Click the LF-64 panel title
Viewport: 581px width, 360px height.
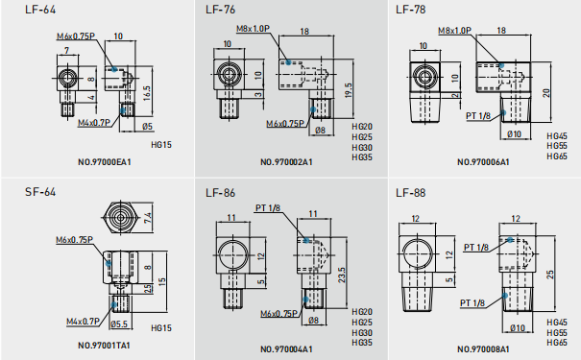[40, 10]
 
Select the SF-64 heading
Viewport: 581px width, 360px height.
[40, 192]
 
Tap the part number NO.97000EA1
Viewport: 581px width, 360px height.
[105, 162]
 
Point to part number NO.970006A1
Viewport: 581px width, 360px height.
[483, 162]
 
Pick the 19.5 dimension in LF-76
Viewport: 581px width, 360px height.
[348, 89]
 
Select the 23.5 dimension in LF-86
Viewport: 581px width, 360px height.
[341, 275]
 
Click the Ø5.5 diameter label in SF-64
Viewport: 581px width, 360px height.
[119, 324]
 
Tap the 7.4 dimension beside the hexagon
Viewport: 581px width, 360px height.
[148, 217]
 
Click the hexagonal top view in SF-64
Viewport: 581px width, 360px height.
[120, 218]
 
